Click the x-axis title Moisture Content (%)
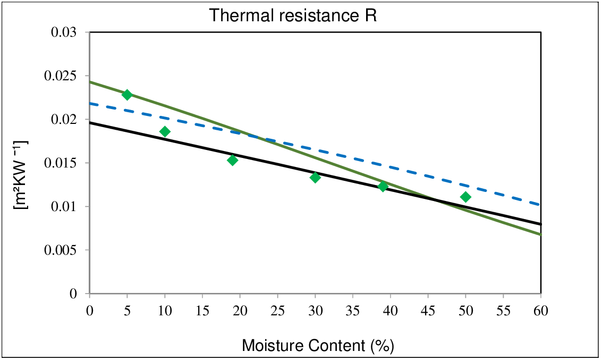click(x=318, y=345)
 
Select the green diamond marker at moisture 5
click(x=127, y=95)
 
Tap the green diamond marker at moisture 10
click(x=165, y=131)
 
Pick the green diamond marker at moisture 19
click(x=232, y=160)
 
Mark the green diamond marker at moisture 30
click(x=315, y=177)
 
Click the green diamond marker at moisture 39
click(x=383, y=186)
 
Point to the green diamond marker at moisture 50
click(x=465, y=197)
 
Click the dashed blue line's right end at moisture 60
click(x=540, y=204)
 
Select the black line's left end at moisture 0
click(x=91, y=122)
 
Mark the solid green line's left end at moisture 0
click(x=91, y=82)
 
